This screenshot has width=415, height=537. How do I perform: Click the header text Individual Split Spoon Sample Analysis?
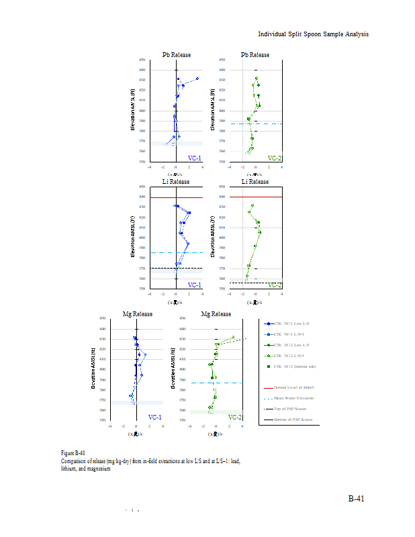pyautogui.click(x=314, y=34)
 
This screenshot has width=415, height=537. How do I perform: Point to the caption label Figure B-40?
pyautogui.click(x=73, y=453)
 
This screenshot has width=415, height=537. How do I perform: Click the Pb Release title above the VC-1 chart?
pyautogui.click(x=176, y=55)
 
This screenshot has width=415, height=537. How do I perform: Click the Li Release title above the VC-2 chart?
pyautogui.click(x=255, y=182)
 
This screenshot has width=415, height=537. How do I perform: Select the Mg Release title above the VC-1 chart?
pyautogui.click(x=137, y=314)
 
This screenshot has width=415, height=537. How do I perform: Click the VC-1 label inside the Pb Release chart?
pyautogui.click(x=195, y=158)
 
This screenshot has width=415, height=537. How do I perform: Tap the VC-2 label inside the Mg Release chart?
pyautogui.click(x=235, y=417)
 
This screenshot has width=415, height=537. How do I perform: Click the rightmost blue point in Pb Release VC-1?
pyautogui.click(x=197, y=79)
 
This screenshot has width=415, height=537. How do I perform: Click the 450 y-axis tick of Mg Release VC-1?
pyautogui.click(x=103, y=318)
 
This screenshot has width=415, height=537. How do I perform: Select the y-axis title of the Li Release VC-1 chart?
pyautogui.click(x=133, y=237)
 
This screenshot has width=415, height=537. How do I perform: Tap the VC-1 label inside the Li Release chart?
pyautogui.click(x=195, y=285)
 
